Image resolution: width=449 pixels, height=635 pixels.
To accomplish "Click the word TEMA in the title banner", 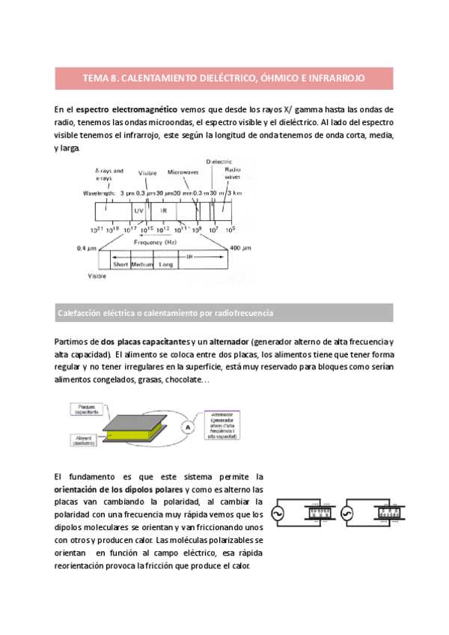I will (94, 77).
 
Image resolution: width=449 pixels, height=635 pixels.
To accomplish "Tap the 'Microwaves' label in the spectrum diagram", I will (183, 171).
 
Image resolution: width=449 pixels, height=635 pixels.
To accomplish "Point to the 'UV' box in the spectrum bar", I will (138, 211).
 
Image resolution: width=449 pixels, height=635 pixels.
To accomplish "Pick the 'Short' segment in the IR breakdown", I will (120, 264).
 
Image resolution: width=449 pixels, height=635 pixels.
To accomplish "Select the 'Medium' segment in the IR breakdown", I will (142, 264).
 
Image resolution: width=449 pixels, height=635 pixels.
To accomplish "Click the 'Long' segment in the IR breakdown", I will (166, 264).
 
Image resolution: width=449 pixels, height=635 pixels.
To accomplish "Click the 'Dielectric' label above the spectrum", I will (219, 161).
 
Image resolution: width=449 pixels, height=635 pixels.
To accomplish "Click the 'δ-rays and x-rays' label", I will (109, 174).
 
